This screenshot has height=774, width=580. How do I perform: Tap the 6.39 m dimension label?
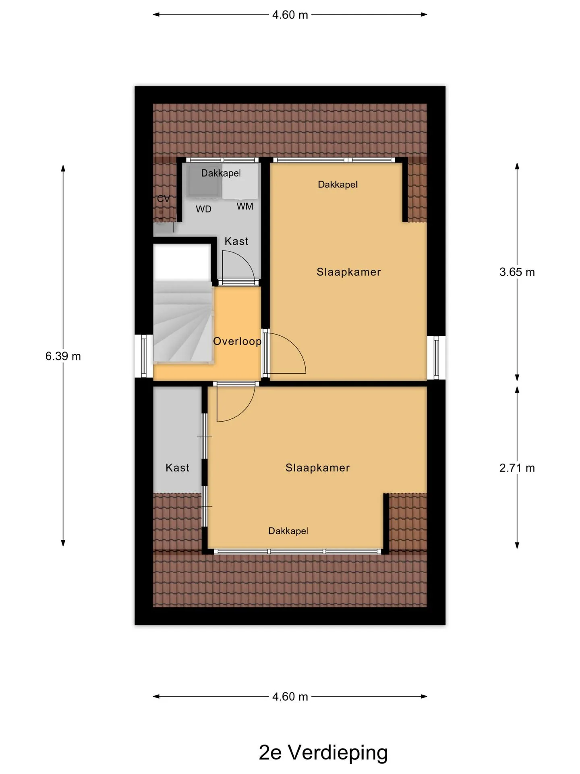(x=63, y=356)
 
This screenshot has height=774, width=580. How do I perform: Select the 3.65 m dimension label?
(x=517, y=272)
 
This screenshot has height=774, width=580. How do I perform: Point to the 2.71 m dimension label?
(x=517, y=468)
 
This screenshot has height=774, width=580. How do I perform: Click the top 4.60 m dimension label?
(x=290, y=15)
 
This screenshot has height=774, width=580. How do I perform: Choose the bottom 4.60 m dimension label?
(x=290, y=697)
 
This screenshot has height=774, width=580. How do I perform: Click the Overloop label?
(x=237, y=341)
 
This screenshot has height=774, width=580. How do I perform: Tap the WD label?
(x=203, y=209)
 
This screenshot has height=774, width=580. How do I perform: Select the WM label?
(x=245, y=206)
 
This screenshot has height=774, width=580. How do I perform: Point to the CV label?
(x=163, y=199)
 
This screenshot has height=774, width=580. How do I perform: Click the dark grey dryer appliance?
(x=204, y=181)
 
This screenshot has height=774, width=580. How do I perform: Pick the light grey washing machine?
(x=240, y=181)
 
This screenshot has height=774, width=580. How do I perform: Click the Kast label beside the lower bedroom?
(x=177, y=468)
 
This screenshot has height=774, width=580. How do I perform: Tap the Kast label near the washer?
(x=236, y=241)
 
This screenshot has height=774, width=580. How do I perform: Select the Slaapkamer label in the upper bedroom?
(x=349, y=272)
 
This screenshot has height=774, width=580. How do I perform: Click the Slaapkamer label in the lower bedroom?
(x=318, y=468)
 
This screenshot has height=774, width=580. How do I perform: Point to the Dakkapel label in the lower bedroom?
(x=288, y=531)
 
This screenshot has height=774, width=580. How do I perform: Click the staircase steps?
(x=183, y=322)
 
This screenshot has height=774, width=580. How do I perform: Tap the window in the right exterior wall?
(x=436, y=358)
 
